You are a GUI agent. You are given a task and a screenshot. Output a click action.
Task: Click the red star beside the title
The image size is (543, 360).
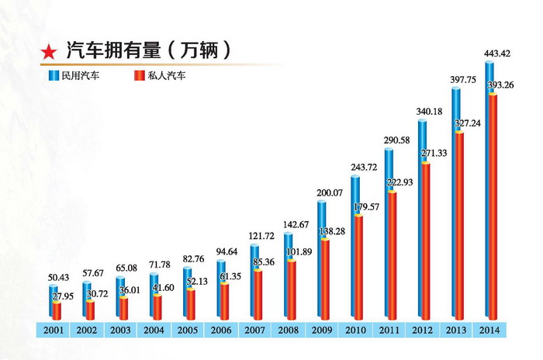48,53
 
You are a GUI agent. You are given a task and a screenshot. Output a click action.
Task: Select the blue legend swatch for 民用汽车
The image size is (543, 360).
54,76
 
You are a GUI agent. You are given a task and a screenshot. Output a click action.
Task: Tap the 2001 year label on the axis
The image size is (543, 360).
54,329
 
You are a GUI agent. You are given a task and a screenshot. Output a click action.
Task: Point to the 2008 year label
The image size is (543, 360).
288,329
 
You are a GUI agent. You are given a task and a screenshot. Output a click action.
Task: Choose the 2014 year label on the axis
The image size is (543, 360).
489,329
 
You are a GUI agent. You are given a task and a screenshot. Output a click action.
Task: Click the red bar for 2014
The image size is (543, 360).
493,209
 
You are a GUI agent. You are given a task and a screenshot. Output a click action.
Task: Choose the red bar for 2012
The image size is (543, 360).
426,241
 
